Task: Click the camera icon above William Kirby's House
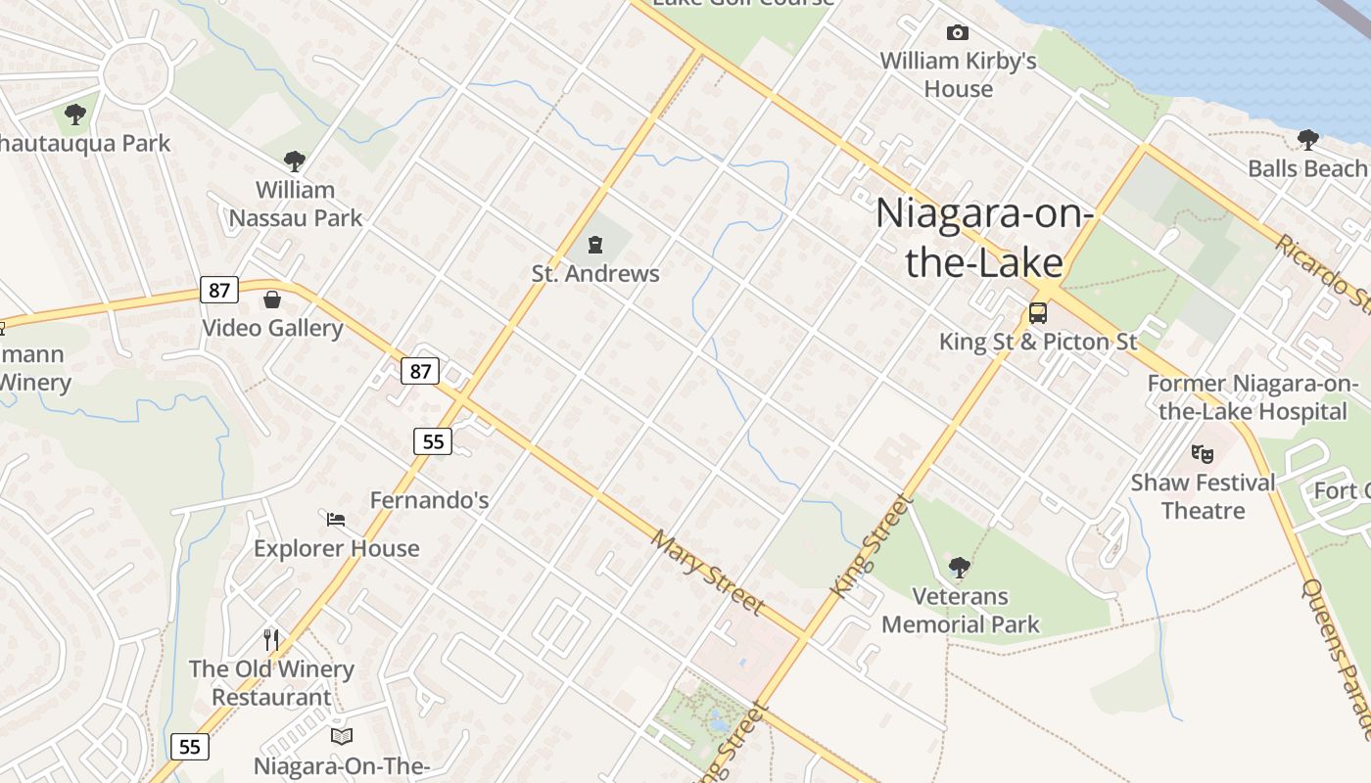click(x=957, y=33)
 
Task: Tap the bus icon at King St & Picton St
click(x=1037, y=313)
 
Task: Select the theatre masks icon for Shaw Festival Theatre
click(x=1203, y=453)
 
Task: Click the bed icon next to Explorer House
click(x=336, y=519)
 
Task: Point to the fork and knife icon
click(x=271, y=640)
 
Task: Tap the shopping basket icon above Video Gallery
click(x=272, y=299)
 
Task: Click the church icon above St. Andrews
click(x=594, y=244)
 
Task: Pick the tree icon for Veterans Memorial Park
click(x=959, y=567)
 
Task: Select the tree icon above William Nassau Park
click(x=294, y=161)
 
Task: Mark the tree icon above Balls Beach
click(x=1307, y=139)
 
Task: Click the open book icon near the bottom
click(x=341, y=736)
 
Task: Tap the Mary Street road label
click(x=707, y=573)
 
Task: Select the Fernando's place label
click(x=429, y=500)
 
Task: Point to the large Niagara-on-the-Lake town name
click(x=983, y=238)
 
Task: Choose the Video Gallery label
click(x=272, y=328)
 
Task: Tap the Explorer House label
click(x=336, y=548)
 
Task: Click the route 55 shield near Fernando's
click(x=432, y=441)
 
